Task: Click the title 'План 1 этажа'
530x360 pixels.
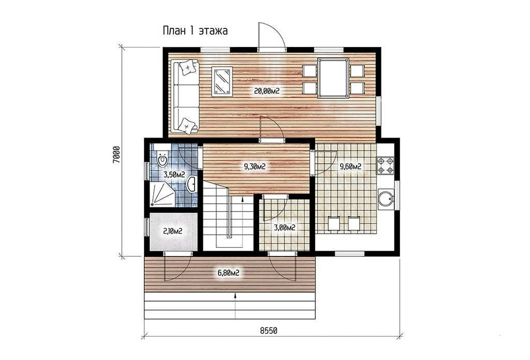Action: click(x=195, y=31)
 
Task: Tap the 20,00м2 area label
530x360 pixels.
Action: click(x=267, y=91)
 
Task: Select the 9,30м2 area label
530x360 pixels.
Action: click(x=254, y=166)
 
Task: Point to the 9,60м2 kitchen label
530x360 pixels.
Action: click(x=350, y=166)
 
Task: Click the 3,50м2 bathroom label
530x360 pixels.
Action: click(x=174, y=175)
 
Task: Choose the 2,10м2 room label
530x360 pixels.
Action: click(x=173, y=231)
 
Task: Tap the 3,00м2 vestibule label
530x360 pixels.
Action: click(x=285, y=228)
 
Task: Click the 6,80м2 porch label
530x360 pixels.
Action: click(x=228, y=273)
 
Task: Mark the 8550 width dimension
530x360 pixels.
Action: click(x=269, y=331)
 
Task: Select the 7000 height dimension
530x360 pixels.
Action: click(x=116, y=155)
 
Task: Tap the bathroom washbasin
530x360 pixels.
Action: click(x=192, y=184)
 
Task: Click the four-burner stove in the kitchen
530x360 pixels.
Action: click(x=385, y=166)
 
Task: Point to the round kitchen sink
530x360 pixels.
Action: click(x=385, y=199)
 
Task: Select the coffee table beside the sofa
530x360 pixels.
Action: click(x=222, y=81)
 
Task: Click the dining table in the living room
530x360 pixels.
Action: click(x=333, y=78)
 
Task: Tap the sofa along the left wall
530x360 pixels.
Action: click(x=185, y=96)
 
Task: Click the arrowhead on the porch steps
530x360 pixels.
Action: click(x=235, y=296)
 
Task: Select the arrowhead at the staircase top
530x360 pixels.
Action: click(x=243, y=199)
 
